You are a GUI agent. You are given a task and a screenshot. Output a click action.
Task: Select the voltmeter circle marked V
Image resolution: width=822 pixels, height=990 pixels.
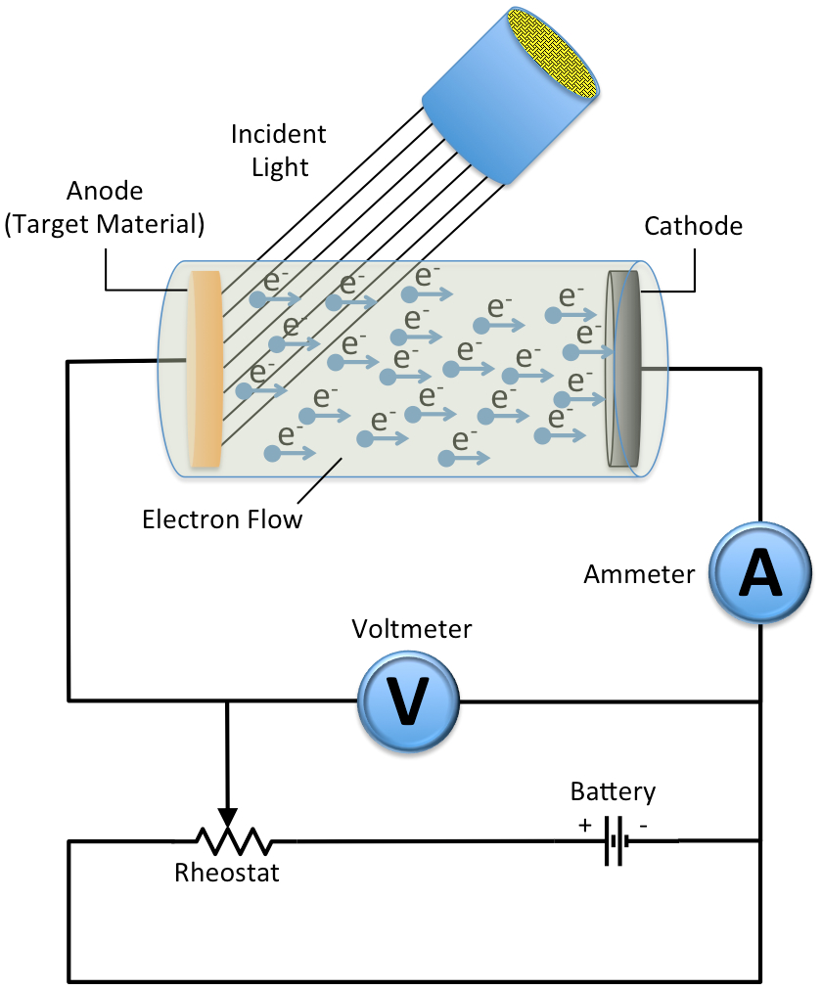point(406,700)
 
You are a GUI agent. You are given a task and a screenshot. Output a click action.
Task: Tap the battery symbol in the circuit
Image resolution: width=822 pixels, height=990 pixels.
point(614,840)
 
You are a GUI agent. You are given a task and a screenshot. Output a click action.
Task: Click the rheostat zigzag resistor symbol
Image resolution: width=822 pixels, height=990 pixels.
point(233,840)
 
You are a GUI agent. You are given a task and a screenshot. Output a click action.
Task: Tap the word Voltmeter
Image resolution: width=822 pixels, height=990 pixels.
point(411,630)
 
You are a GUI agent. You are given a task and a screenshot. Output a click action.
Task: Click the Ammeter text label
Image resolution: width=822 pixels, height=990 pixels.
point(638,574)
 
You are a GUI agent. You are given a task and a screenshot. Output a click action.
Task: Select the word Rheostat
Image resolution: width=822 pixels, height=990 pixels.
point(227,873)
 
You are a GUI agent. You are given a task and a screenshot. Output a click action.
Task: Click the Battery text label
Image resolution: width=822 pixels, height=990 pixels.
point(614,790)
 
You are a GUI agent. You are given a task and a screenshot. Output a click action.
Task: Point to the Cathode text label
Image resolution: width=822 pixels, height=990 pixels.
point(693,227)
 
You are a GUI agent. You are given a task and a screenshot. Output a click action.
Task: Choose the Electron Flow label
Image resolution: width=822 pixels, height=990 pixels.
point(222,517)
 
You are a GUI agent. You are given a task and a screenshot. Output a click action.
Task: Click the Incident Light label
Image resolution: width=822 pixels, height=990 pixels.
point(280,150)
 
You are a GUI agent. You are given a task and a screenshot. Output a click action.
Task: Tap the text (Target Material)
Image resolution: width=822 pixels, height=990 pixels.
point(105,225)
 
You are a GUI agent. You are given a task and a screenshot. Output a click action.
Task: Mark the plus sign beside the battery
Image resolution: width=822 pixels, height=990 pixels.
point(585,826)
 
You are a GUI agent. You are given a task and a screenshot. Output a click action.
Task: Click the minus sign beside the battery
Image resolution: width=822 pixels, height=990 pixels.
point(644,826)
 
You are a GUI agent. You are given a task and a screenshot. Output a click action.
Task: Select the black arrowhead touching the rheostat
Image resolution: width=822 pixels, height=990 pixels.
point(227,817)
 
